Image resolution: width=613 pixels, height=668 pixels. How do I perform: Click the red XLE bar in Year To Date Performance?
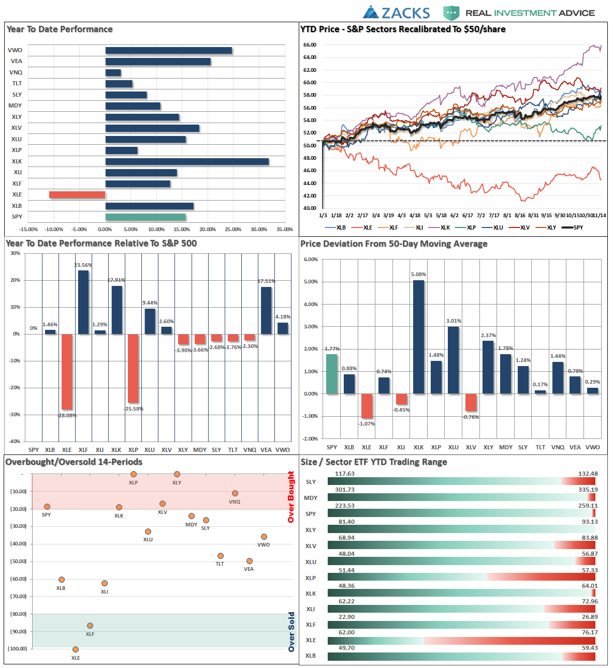coord(77,195)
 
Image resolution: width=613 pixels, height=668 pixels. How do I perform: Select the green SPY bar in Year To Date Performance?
coord(145,217)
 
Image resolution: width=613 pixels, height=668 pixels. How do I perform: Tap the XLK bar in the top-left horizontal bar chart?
coord(187,162)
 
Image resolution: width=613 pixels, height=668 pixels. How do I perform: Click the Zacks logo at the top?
coord(397,12)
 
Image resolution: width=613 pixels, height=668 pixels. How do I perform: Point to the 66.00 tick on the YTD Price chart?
coord(310,45)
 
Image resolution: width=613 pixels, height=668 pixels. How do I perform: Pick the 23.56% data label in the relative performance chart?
coord(83,265)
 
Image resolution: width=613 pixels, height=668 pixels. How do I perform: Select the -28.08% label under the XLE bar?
coord(67,415)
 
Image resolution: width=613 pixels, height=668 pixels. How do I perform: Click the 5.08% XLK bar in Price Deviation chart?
coord(418,337)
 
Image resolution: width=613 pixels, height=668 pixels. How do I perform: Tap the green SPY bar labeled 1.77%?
coord(332,374)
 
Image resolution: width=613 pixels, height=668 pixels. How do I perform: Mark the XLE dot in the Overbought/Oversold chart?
coord(76,649)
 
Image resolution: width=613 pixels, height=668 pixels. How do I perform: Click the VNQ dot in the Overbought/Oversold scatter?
coord(235,493)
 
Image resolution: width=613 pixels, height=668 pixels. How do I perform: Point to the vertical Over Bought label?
coord(291,497)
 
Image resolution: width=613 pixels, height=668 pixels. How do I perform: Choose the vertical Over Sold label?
coord(291,632)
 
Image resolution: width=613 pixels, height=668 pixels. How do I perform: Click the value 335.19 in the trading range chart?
coord(588,490)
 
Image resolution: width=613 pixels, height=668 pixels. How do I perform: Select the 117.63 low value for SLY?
coord(345,474)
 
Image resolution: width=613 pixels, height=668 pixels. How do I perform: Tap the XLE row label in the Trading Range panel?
coord(311,640)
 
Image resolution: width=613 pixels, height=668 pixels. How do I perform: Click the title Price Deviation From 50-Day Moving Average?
coord(394,244)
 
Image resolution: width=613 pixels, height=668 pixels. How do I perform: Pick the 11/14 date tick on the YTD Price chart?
coord(600,216)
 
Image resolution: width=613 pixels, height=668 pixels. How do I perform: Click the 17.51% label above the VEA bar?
coord(266,281)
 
